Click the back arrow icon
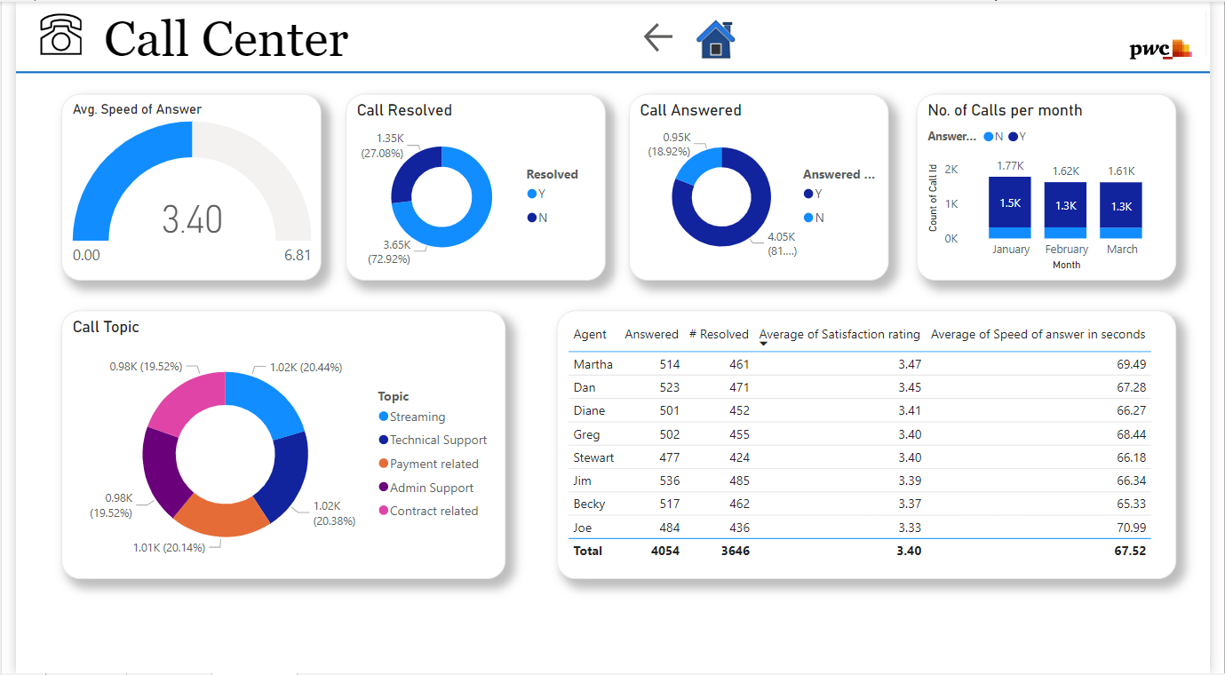657,37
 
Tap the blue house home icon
715,40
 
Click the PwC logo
1160,50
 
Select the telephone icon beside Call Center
60,36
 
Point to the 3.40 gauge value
192,219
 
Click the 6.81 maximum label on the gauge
298,256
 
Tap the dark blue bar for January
1010,202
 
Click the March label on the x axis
1122,250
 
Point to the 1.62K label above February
1065,171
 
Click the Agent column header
590,335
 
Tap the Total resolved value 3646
735,551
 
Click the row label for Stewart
593,457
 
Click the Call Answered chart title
690,110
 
